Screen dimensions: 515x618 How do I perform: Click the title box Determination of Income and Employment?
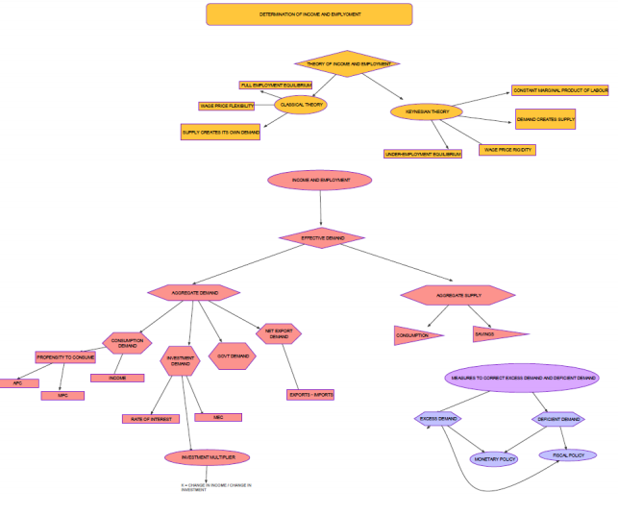click(x=309, y=14)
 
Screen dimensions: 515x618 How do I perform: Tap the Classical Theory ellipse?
click(x=301, y=104)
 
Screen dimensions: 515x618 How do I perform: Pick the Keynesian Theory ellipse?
click(x=426, y=111)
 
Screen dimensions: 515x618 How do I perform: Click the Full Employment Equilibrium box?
click(x=276, y=86)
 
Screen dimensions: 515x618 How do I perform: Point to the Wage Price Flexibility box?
click(x=227, y=106)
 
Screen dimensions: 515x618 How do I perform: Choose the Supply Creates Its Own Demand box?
click(x=220, y=132)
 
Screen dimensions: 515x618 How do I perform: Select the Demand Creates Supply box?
click(x=545, y=120)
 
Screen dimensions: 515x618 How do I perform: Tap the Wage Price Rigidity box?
click(x=507, y=150)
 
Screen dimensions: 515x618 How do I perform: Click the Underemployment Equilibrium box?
click(x=423, y=153)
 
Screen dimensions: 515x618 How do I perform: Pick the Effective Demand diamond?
click(x=322, y=236)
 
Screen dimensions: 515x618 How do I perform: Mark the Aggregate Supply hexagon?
click(x=457, y=296)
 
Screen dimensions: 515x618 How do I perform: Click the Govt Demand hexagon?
click(x=232, y=356)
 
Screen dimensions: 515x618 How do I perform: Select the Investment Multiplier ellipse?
click(x=207, y=456)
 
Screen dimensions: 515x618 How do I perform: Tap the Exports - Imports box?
click(x=311, y=394)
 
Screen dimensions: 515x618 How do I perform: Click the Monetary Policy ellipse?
click(x=495, y=459)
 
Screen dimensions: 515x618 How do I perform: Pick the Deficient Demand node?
click(x=558, y=419)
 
